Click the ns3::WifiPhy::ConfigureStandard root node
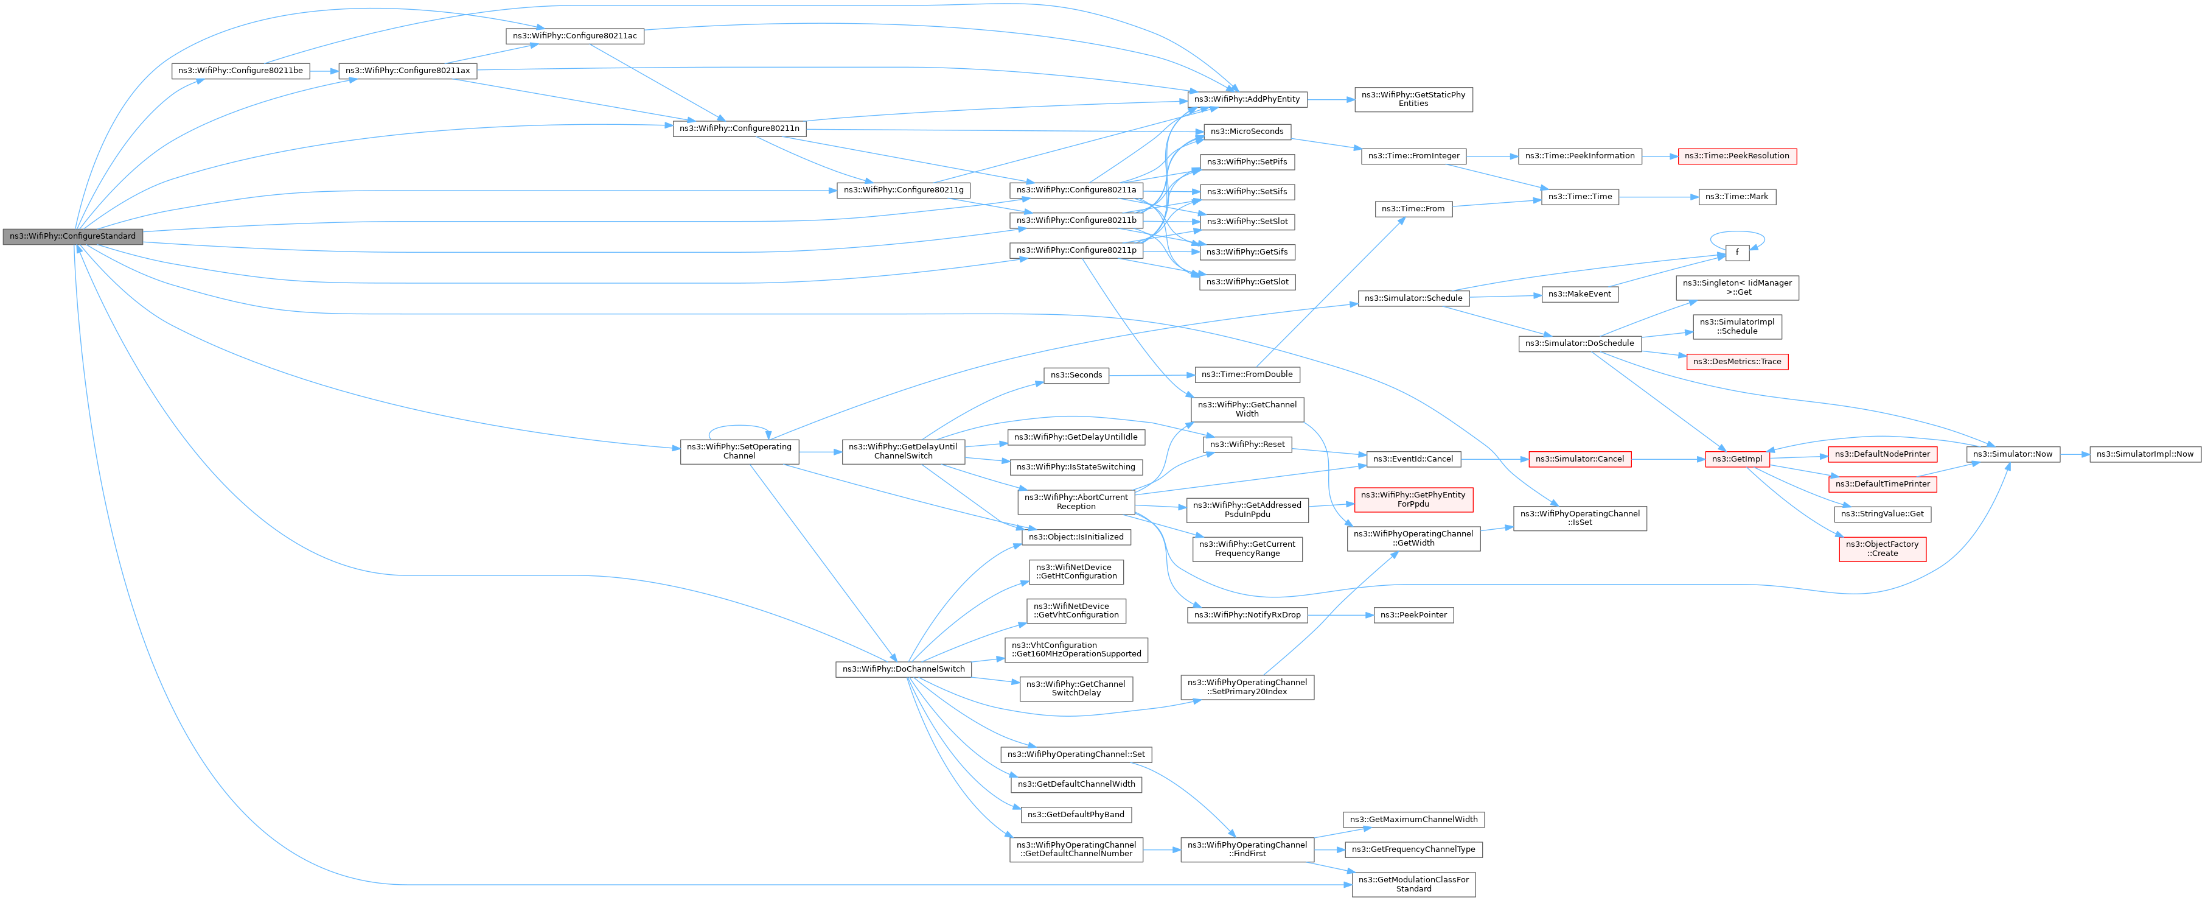[x=72, y=236]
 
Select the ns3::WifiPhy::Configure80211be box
[x=240, y=71]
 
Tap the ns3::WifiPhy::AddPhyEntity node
[x=1246, y=99]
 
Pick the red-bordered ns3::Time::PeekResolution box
[x=1736, y=156]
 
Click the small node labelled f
[x=1736, y=253]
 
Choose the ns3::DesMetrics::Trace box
[x=1736, y=361]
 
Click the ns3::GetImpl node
[x=1736, y=459]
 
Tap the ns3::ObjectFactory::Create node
[x=1883, y=549]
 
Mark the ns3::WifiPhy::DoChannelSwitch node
[x=903, y=669]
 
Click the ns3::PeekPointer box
[x=1413, y=615]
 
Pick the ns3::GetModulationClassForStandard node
[x=1413, y=884]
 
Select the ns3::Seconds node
[x=1076, y=375]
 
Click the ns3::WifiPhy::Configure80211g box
[x=903, y=190]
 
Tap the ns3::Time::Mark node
[x=1736, y=197]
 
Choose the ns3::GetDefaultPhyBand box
[x=1075, y=814]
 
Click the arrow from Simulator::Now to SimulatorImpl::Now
[x=2074, y=454]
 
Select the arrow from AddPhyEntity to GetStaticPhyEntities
[x=1330, y=99]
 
